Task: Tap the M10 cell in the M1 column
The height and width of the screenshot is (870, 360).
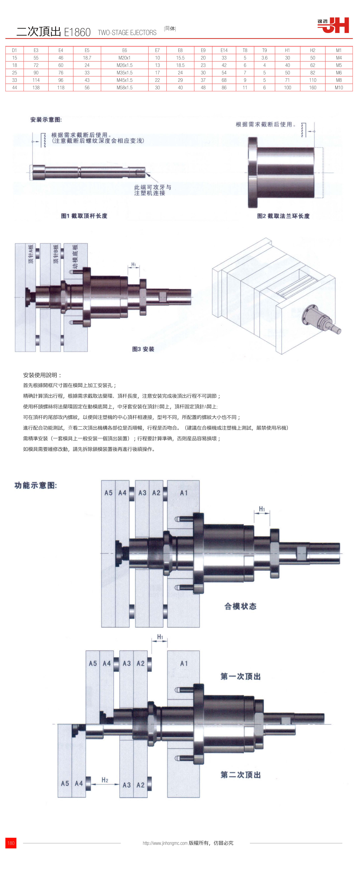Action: tap(339, 87)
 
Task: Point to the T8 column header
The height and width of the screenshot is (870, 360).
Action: tap(245, 50)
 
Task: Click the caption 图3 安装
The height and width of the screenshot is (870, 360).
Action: tap(143, 349)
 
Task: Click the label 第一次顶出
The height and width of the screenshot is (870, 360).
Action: tap(240, 676)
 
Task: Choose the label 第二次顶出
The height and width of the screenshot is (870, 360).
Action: tap(240, 774)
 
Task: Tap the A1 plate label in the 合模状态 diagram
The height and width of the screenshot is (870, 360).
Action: tap(184, 493)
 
